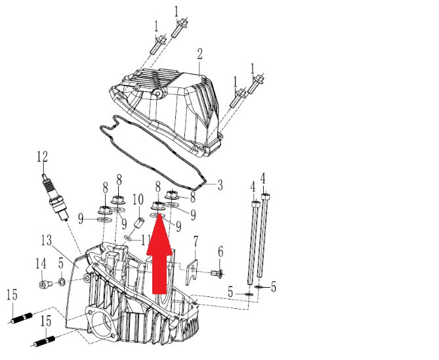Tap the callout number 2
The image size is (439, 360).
coord(199,54)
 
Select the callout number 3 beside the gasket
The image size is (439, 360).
coord(220,185)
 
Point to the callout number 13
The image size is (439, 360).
coord(47,240)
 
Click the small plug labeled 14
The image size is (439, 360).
coord(45,284)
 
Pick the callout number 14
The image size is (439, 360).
coord(41,263)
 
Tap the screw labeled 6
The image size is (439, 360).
coord(217,273)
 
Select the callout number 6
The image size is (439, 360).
coord(220,252)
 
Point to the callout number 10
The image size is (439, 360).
coord(138,199)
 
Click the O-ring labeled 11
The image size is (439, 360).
coord(128,238)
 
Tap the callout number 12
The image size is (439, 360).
coord(42,157)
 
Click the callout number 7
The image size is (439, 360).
coord(196,241)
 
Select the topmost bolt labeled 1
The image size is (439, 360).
coord(179,28)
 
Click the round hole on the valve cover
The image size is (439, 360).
coord(159,94)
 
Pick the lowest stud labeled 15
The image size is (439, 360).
coord(44,342)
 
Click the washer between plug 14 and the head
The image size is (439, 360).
coord(61,281)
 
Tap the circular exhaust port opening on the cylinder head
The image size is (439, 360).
coord(101,324)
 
